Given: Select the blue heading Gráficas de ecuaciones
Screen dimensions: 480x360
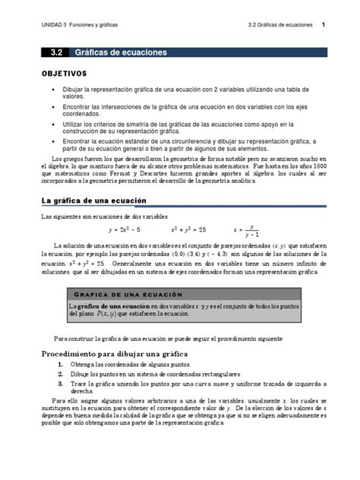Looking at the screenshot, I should [121, 52].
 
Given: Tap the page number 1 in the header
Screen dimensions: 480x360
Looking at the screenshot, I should [324, 25].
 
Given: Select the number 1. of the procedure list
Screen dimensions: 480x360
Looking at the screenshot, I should [60, 365].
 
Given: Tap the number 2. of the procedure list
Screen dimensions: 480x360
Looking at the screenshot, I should [60, 374].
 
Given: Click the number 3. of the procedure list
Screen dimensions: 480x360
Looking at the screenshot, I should [60, 384].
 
